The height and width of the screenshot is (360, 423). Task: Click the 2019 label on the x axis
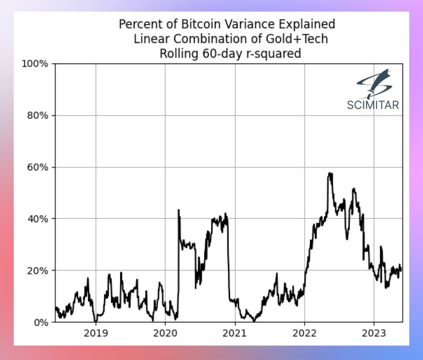96,334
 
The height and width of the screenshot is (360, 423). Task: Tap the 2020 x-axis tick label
165,334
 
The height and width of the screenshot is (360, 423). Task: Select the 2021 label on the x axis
235,334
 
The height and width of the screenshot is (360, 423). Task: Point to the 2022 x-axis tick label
304,334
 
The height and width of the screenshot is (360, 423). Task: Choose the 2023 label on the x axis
374,334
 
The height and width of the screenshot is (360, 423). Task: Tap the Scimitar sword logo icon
373,83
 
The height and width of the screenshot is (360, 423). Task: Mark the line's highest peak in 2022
330,173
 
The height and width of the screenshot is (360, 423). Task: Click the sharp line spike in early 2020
179,210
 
